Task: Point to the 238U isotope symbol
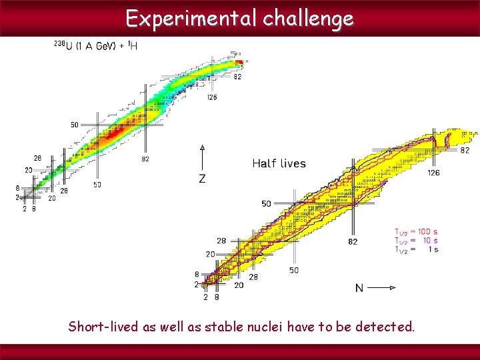tap(63, 45)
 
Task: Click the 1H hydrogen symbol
tap(133, 45)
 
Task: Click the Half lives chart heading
tap(279, 163)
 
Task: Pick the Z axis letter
tap(202, 179)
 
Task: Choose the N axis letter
tap(359, 288)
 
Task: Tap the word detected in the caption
tap(385, 327)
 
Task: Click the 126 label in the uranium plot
tap(211, 97)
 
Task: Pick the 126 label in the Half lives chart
tap(433, 173)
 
